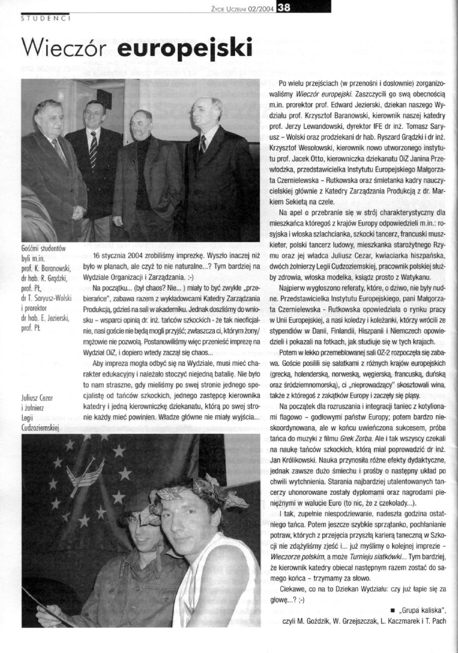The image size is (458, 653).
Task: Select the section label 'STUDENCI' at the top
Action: (45, 19)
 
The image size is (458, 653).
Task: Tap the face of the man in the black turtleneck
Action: (143, 123)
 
